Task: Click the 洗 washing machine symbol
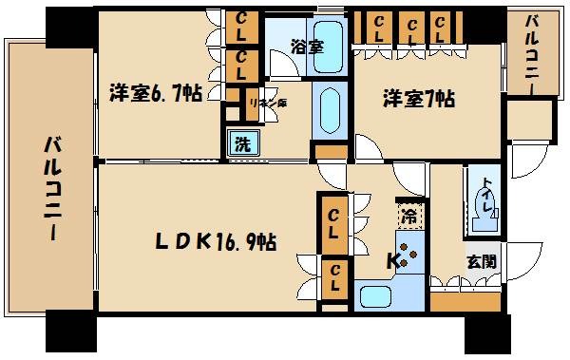tap(241, 144)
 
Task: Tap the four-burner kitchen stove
tap(411, 254)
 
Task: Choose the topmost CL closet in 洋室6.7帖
tap(243, 24)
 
